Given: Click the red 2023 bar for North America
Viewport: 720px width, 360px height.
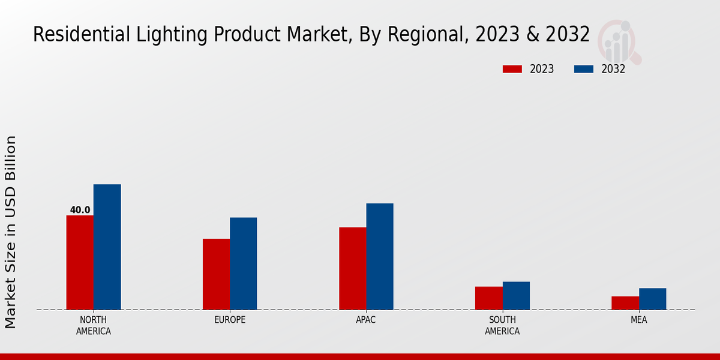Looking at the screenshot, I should [x=80, y=263].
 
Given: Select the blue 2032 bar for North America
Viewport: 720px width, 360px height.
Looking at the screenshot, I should [x=107, y=247].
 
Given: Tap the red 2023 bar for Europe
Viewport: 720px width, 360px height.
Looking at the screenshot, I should [x=216, y=274].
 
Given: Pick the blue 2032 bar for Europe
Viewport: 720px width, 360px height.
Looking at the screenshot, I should [x=244, y=263].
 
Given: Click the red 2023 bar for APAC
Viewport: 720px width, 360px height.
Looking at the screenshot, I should [x=353, y=268].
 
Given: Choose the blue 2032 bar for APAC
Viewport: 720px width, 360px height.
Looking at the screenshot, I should [x=380, y=256].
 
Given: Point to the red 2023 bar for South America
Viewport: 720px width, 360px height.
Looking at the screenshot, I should [x=489, y=298].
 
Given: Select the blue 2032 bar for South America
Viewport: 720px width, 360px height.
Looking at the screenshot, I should [x=516, y=296].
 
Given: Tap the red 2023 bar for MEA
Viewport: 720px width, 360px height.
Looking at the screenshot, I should [x=625, y=303].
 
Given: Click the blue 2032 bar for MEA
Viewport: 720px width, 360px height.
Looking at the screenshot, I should [x=652, y=299].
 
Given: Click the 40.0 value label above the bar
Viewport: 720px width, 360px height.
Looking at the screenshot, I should [x=80, y=210].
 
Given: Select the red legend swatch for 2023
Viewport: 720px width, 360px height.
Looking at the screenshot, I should [x=512, y=69].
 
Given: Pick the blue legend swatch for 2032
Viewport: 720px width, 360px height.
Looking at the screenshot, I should [x=584, y=69].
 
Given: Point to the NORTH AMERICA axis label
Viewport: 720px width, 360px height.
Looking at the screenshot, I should [x=94, y=325].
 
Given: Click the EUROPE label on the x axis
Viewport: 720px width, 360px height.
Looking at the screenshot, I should [x=230, y=320].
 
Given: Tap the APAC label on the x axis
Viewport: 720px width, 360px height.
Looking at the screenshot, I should [x=366, y=320].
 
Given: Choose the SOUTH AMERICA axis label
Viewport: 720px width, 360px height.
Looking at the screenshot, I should [x=502, y=325].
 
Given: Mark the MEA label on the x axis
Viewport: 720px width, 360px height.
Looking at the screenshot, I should [x=638, y=320].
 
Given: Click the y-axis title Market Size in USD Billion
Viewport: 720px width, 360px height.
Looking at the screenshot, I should [x=11, y=232].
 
